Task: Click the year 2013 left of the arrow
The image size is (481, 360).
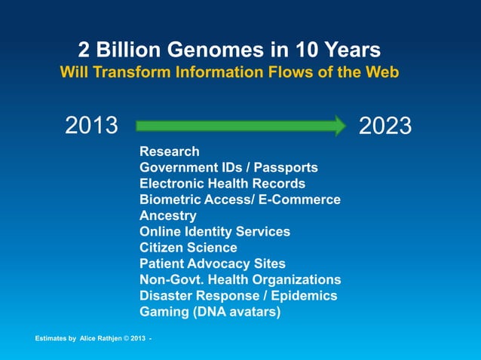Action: coord(92,126)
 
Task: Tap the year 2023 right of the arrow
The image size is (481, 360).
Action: coord(385,126)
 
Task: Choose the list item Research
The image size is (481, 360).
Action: coord(170,151)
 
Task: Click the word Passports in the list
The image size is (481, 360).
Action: coord(286,167)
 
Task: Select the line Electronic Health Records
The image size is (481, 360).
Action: coord(222,183)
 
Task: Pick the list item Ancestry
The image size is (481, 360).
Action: coord(168,215)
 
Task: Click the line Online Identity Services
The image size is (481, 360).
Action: coord(215,231)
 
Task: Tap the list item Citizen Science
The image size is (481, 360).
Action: coord(188,247)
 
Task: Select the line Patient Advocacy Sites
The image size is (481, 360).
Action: coord(213,264)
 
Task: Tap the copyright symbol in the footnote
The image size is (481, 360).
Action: coord(127,338)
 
